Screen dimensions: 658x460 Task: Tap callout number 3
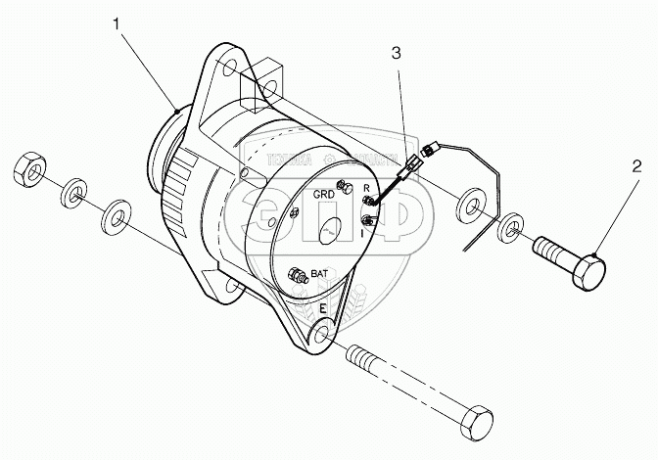[x=396, y=54]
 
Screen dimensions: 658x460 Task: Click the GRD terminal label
[x=324, y=194]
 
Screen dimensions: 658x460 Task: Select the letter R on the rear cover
[x=366, y=187]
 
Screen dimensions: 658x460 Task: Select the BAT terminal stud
[x=300, y=280]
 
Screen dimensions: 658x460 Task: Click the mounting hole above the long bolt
[x=320, y=339]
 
